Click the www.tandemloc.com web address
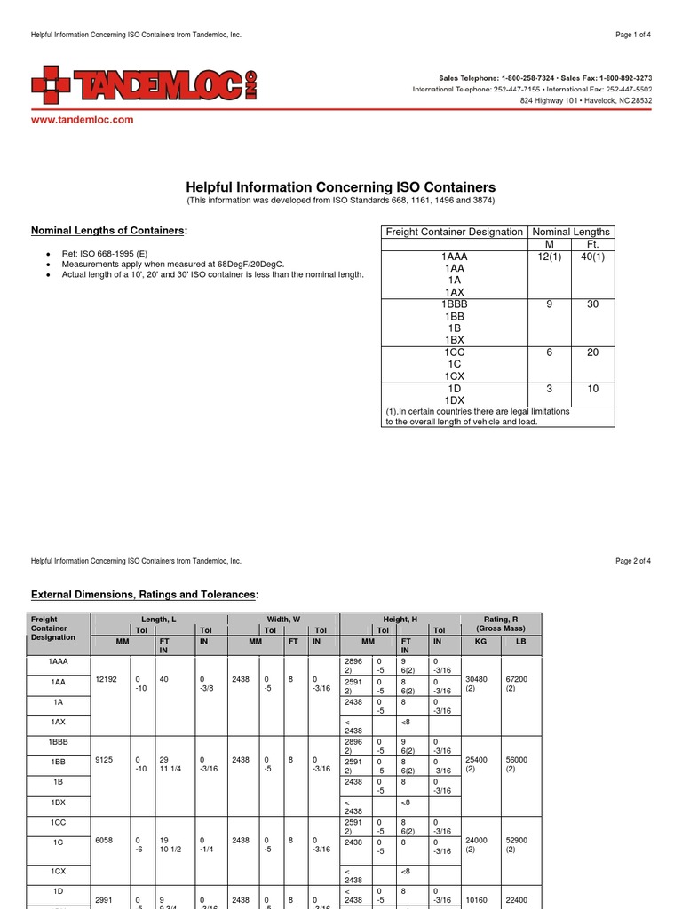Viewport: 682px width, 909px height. [x=83, y=120]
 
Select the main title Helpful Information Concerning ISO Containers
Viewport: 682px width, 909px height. [x=340, y=187]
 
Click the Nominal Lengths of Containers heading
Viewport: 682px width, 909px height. [x=109, y=231]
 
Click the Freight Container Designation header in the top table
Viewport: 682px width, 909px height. [x=454, y=232]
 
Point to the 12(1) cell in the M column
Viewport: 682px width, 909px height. [x=550, y=257]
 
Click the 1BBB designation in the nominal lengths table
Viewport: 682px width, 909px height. [x=454, y=304]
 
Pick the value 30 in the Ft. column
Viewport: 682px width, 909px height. [x=592, y=304]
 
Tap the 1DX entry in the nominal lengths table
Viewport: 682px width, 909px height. [x=454, y=400]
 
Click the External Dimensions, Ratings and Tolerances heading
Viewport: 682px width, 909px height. [x=146, y=594]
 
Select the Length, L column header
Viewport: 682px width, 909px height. [x=158, y=619]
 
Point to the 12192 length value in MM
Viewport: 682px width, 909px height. [x=106, y=679]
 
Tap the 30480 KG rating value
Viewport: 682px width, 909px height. [x=476, y=679]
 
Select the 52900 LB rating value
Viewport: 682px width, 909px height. [x=517, y=841]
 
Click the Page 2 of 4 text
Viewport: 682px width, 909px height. [x=632, y=561]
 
